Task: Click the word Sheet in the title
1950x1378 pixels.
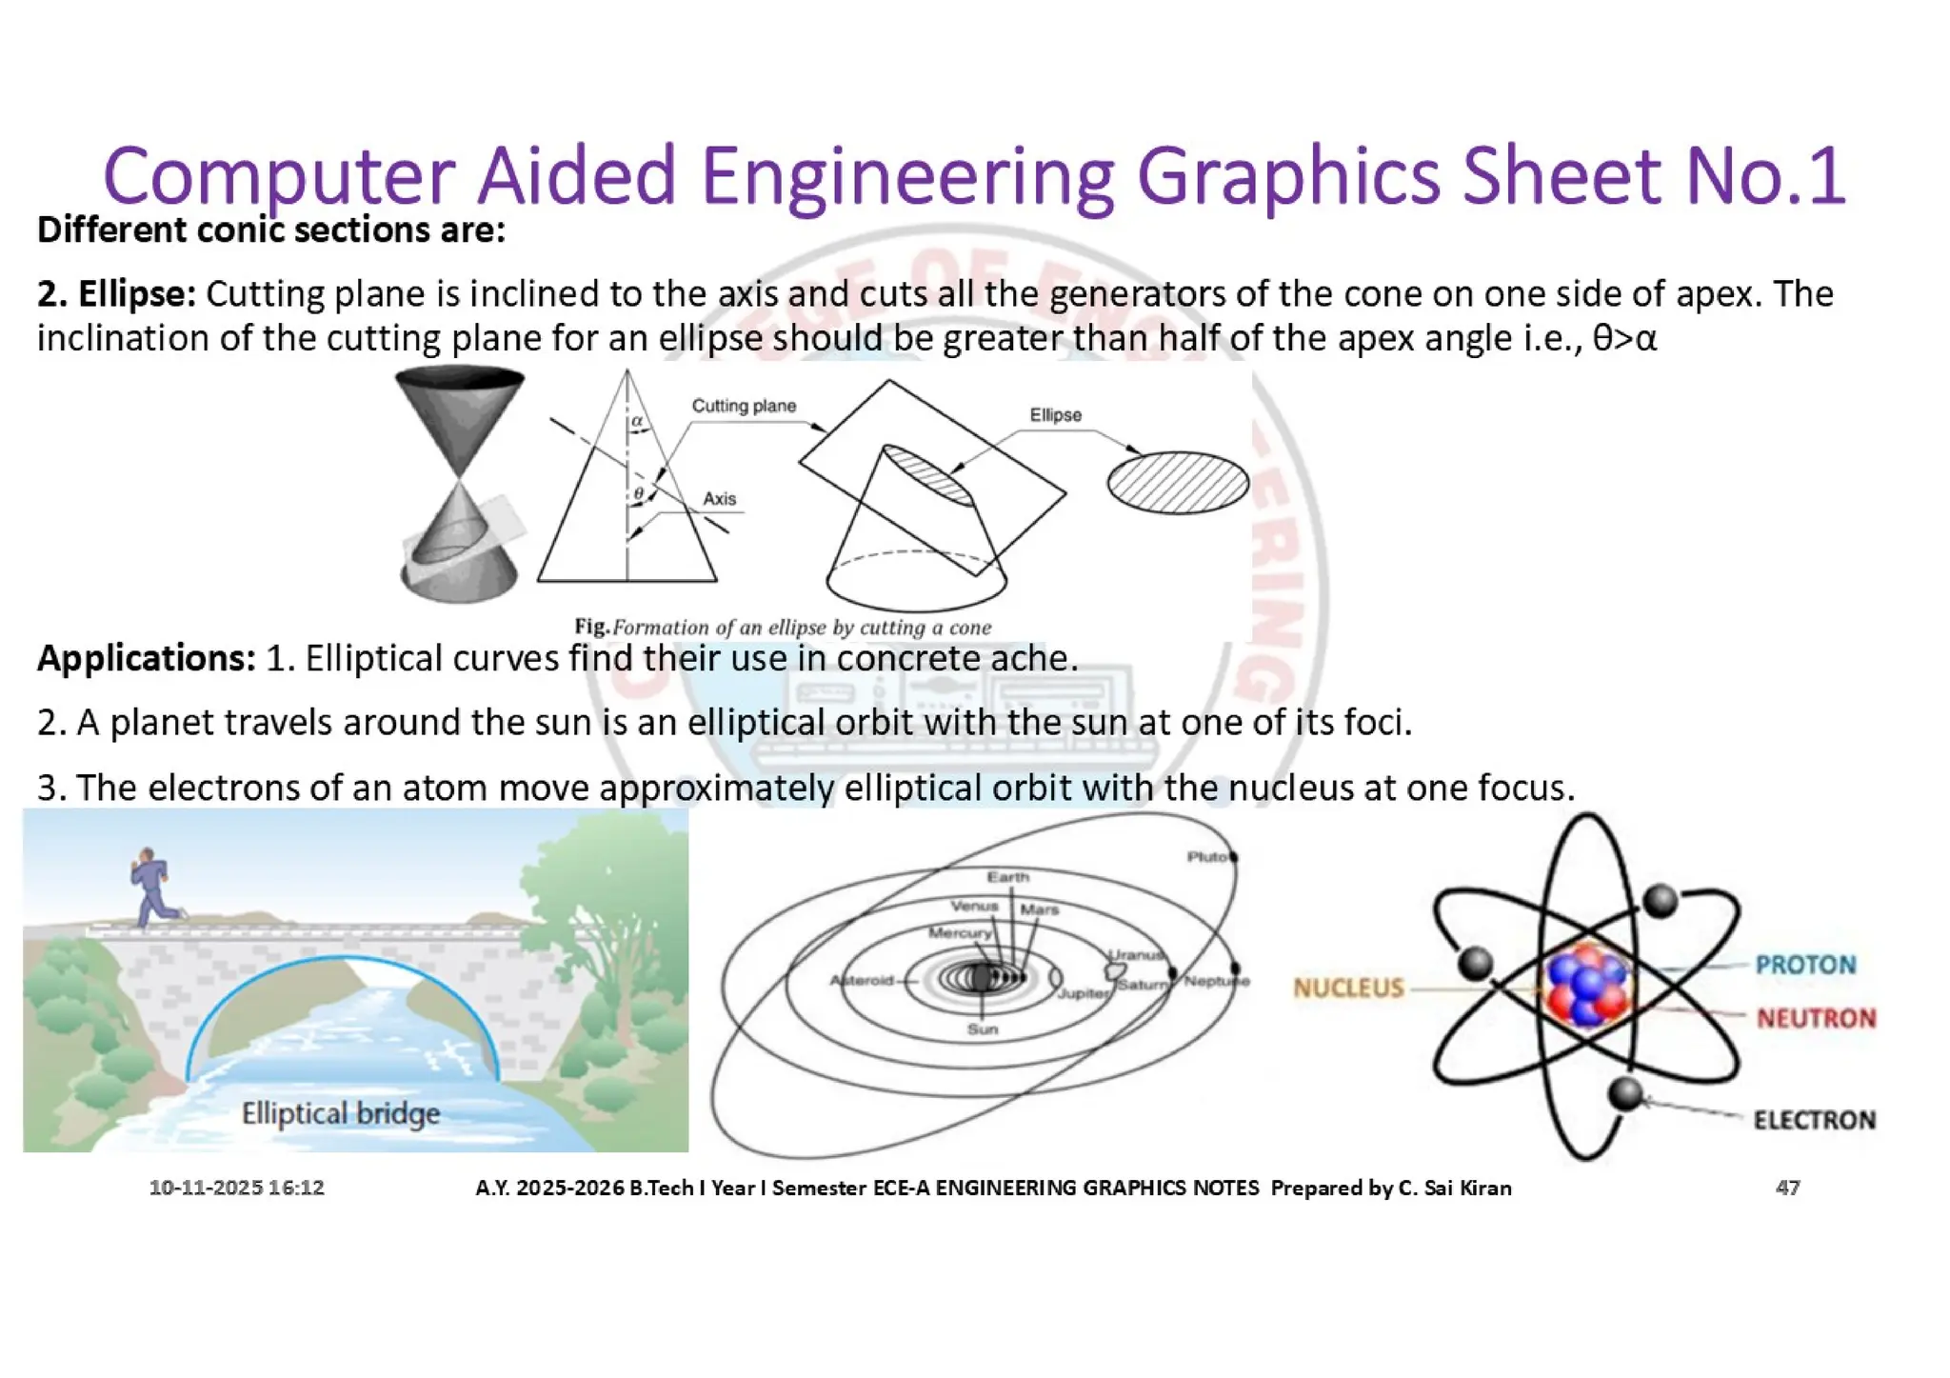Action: click(1562, 176)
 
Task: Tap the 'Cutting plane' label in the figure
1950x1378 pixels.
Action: click(744, 406)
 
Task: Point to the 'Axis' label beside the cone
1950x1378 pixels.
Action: click(719, 498)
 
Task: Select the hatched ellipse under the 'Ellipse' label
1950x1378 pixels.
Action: click(1178, 482)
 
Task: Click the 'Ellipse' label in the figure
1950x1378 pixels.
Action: click(1055, 415)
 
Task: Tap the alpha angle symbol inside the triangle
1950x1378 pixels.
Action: click(637, 420)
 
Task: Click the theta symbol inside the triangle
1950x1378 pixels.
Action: click(639, 492)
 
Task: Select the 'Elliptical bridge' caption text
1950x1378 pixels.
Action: click(340, 1112)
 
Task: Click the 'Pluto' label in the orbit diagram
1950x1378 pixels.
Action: click(1207, 856)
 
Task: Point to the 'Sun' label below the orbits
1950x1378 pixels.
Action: click(982, 1029)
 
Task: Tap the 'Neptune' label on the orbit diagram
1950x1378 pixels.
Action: click(1216, 980)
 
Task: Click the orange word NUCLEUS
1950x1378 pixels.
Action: click(1348, 988)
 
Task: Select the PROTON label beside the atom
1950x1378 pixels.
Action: click(1805, 965)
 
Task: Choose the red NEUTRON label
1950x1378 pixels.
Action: click(1816, 1018)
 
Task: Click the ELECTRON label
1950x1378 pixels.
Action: click(1814, 1119)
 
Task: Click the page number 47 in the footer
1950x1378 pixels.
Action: click(1787, 1188)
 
